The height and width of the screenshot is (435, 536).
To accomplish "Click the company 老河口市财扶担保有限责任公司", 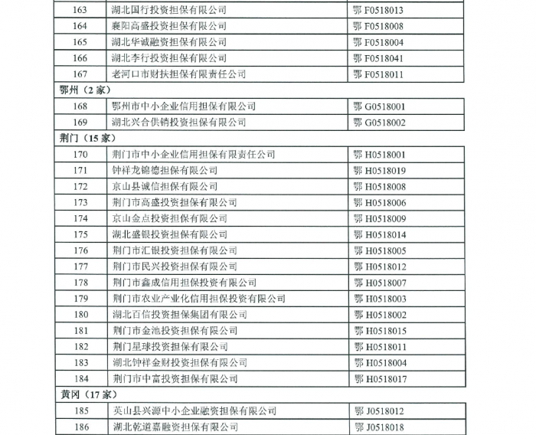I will [x=178, y=74].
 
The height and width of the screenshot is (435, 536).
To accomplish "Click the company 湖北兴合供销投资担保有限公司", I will [x=178, y=123].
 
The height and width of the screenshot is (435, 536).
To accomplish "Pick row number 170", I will [x=80, y=155].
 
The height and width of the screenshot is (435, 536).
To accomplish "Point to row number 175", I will [x=80, y=235].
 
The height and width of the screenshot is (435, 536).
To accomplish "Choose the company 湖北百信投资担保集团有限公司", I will [x=178, y=315].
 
